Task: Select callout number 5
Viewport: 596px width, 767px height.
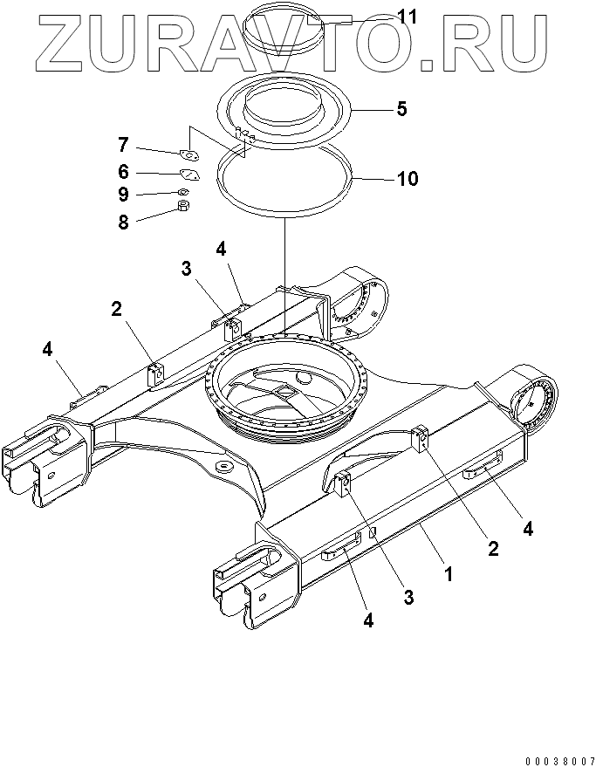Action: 401,109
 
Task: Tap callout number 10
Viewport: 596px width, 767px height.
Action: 408,180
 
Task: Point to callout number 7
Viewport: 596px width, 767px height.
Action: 124,143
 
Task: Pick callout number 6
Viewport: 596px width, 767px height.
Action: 124,171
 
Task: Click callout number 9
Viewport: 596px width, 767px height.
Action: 124,194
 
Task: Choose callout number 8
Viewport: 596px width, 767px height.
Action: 124,222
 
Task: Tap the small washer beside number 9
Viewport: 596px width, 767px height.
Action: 182,191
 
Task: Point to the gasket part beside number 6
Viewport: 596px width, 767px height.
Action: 188,174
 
